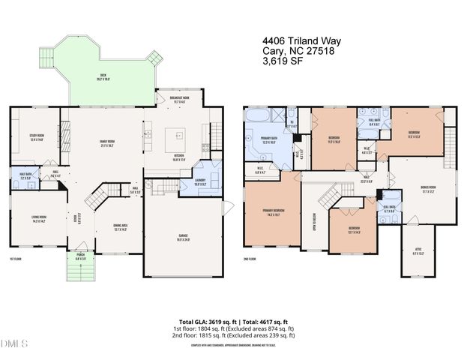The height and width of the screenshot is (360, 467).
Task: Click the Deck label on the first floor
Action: [103, 76]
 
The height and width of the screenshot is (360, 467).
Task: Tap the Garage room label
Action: [183, 239]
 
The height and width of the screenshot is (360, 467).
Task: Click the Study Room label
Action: [37, 137]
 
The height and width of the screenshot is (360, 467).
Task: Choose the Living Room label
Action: [40, 220]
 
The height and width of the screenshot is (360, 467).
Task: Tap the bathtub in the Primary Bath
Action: [257, 115]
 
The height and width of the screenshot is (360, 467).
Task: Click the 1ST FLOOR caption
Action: [15, 259]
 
